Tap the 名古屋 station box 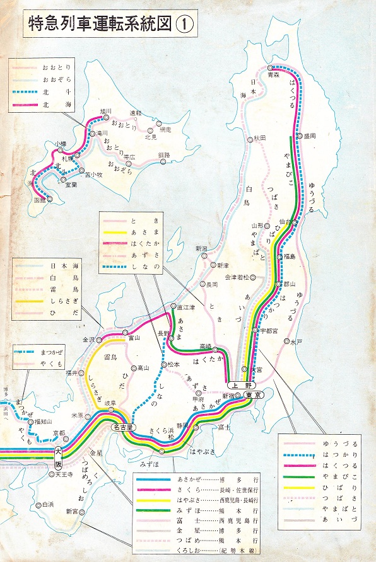coord(123,427)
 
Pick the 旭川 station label coord(105,112)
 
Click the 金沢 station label coord(87,339)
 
